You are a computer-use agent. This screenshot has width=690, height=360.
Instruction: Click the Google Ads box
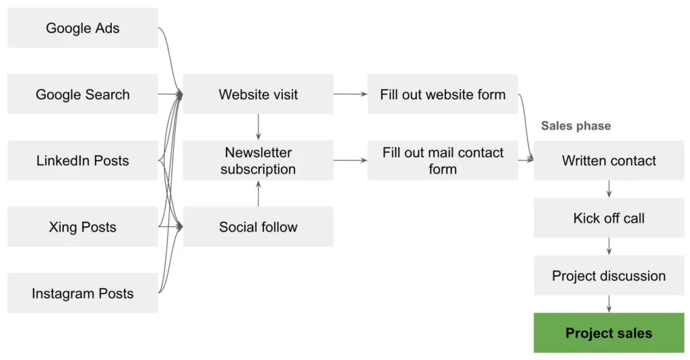click(x=82, y=28)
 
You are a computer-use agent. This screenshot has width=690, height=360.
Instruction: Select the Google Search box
click(x=82, y=94)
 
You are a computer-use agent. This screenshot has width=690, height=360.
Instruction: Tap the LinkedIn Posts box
click(x=82, y=160)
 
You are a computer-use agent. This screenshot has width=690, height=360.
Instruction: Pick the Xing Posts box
click(x=82, y=227)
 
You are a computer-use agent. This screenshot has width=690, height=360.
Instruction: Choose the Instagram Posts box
click(x=82, y=293)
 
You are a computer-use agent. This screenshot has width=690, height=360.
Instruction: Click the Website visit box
click(x=258, y=94)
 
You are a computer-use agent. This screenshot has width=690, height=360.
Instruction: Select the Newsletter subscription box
click(x=258, y=160)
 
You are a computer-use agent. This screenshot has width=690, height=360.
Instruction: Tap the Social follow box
click(x=258, y=227)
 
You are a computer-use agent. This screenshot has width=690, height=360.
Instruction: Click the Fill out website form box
click(x=443, y=94)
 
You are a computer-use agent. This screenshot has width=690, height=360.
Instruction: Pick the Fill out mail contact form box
click(x=443, y=160)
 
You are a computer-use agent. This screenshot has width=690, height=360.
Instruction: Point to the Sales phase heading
click(x=575, y=126)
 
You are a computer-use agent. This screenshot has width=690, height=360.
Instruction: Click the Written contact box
click(x=608, y=160)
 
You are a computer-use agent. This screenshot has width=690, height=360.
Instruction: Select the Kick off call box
click(x=608, y=218)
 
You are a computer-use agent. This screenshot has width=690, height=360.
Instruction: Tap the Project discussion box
click(x=608, y=276)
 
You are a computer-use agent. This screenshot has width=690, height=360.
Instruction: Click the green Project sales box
click(x=608, y=333)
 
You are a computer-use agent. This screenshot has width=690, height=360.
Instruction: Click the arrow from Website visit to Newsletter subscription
click(x=258, y=127)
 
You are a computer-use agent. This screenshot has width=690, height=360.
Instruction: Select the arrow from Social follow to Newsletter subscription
click(x=258, y=193)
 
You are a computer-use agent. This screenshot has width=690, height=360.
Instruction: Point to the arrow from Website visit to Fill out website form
click(x=350, y=94)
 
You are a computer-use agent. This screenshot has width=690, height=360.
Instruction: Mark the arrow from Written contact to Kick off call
click(x=608, y=189)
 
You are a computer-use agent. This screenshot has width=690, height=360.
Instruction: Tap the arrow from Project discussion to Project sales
click(x=608, y=304)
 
